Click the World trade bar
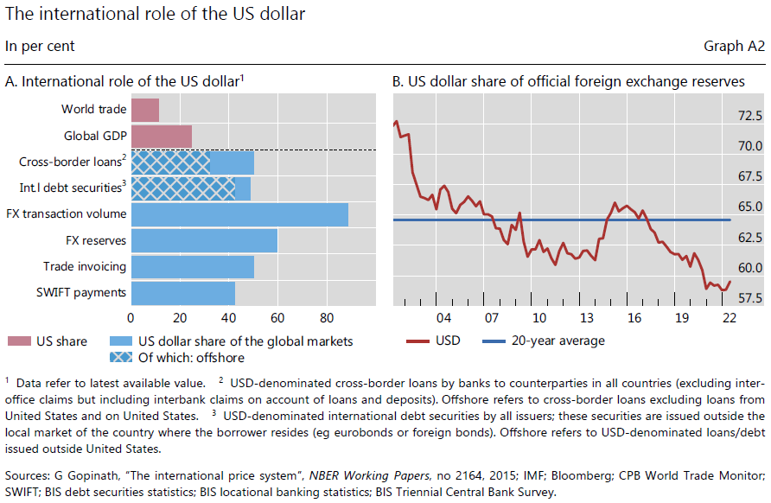pyautogui.click(x=145, y=110)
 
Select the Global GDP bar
pyautogui.click(x=162, y=136)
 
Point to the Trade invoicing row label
pyautogui.click(x=85, y=267)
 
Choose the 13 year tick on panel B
pyautogui.click(x=586, y=317)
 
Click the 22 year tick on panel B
pyautogui.click(x=729, y=317)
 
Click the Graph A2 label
pyautogui.click(x=735, y=47)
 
